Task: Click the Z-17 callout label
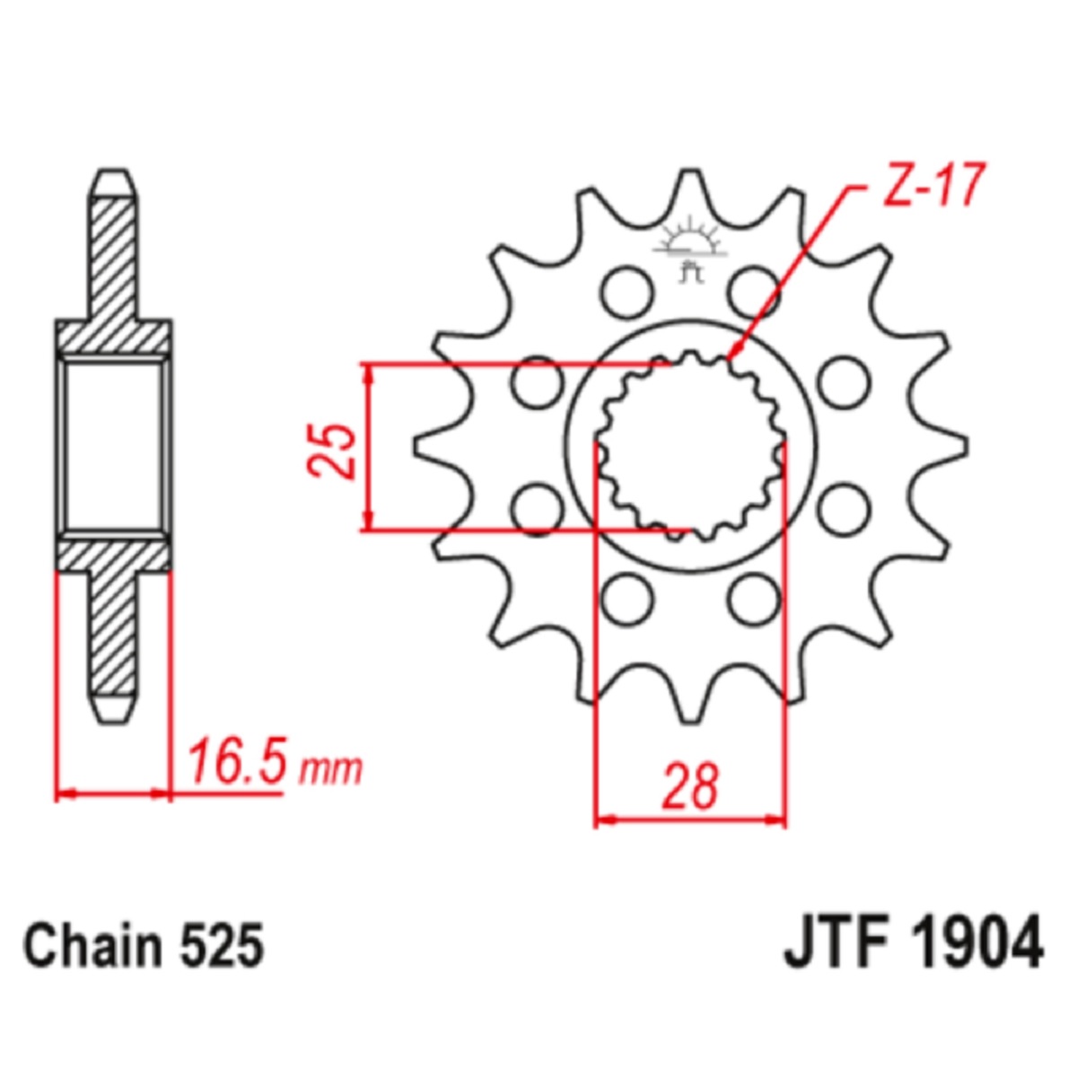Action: (x=931, y=185)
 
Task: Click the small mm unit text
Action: (x=331, y=770)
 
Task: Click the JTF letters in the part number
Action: (x=838, y=948)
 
